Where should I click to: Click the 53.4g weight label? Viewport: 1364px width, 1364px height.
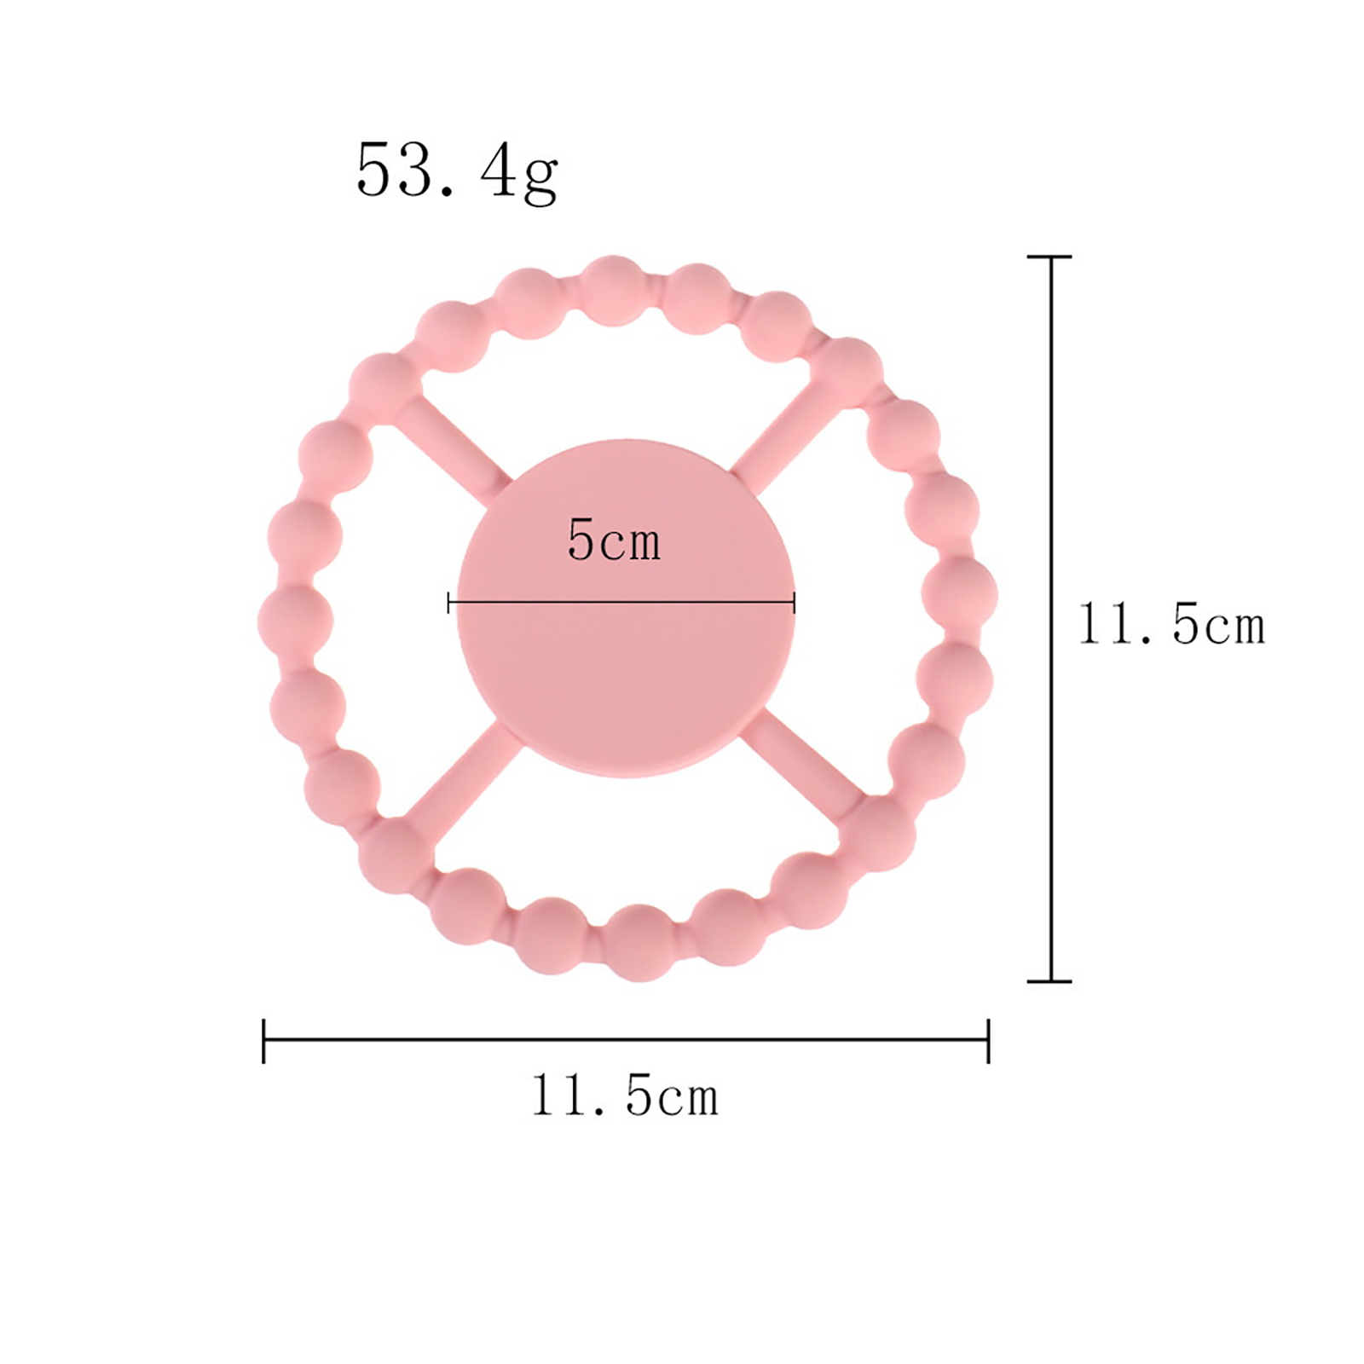[x=457, y=173]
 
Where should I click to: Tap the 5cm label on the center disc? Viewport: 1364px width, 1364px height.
[x=614, y=540]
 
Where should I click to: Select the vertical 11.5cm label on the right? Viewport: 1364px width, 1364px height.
[x=1171, y=624]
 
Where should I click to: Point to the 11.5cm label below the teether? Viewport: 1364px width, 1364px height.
[x=625, y=1095]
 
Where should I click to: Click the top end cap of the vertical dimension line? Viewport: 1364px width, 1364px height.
[x=1050, y=256]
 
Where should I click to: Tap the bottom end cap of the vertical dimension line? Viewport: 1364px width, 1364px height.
[x=1050, y=981]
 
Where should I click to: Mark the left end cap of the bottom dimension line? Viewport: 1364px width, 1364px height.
[x=264, y=1040]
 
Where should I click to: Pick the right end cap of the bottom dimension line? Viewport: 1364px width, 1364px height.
[x=988, y=1040]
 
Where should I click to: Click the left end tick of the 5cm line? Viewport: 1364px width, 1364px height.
[x=448, y=603]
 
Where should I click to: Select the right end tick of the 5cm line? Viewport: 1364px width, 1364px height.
[x=794, y=603]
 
